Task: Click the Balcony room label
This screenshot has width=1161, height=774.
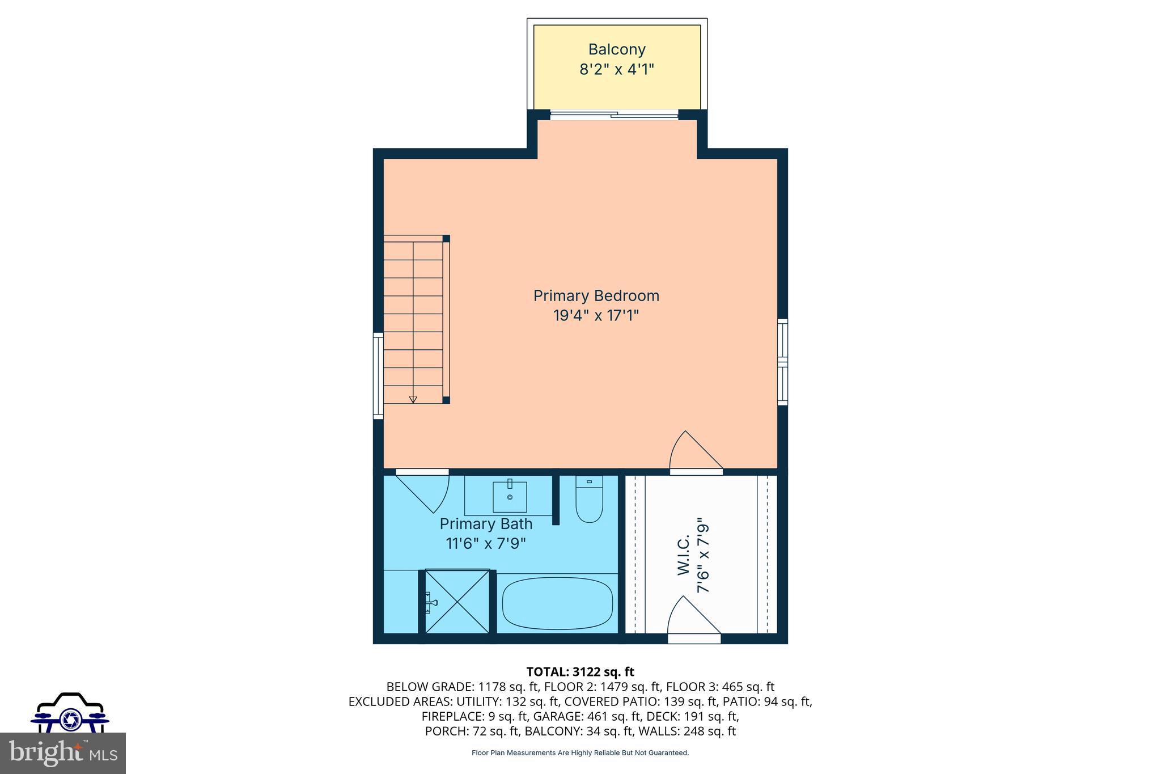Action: [x=617, y=49]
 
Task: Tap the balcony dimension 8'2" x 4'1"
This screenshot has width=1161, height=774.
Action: [x=617, y=70]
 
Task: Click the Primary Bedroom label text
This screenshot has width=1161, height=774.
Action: [x=596, y=295]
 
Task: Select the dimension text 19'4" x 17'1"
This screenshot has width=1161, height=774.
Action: [x=596, y=315]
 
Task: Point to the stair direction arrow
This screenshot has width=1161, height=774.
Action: [x=413, y=399]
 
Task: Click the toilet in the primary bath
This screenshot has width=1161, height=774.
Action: [x=589, y=500]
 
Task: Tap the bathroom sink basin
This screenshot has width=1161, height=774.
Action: [x=510, y=497]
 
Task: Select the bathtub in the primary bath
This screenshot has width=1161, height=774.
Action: [x=557, y=603]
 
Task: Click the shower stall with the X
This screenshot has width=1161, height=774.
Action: [x=457, y=601]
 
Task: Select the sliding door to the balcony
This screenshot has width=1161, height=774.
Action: [x=614, y=115]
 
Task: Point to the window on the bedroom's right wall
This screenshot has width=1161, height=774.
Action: [x=782, y=362]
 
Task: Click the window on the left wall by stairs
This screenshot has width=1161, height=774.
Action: [x=378, y=377]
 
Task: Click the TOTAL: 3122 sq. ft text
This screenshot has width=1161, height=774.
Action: [x=580, y=672]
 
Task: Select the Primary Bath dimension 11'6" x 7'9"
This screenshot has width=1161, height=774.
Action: [x=486, y=543]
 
